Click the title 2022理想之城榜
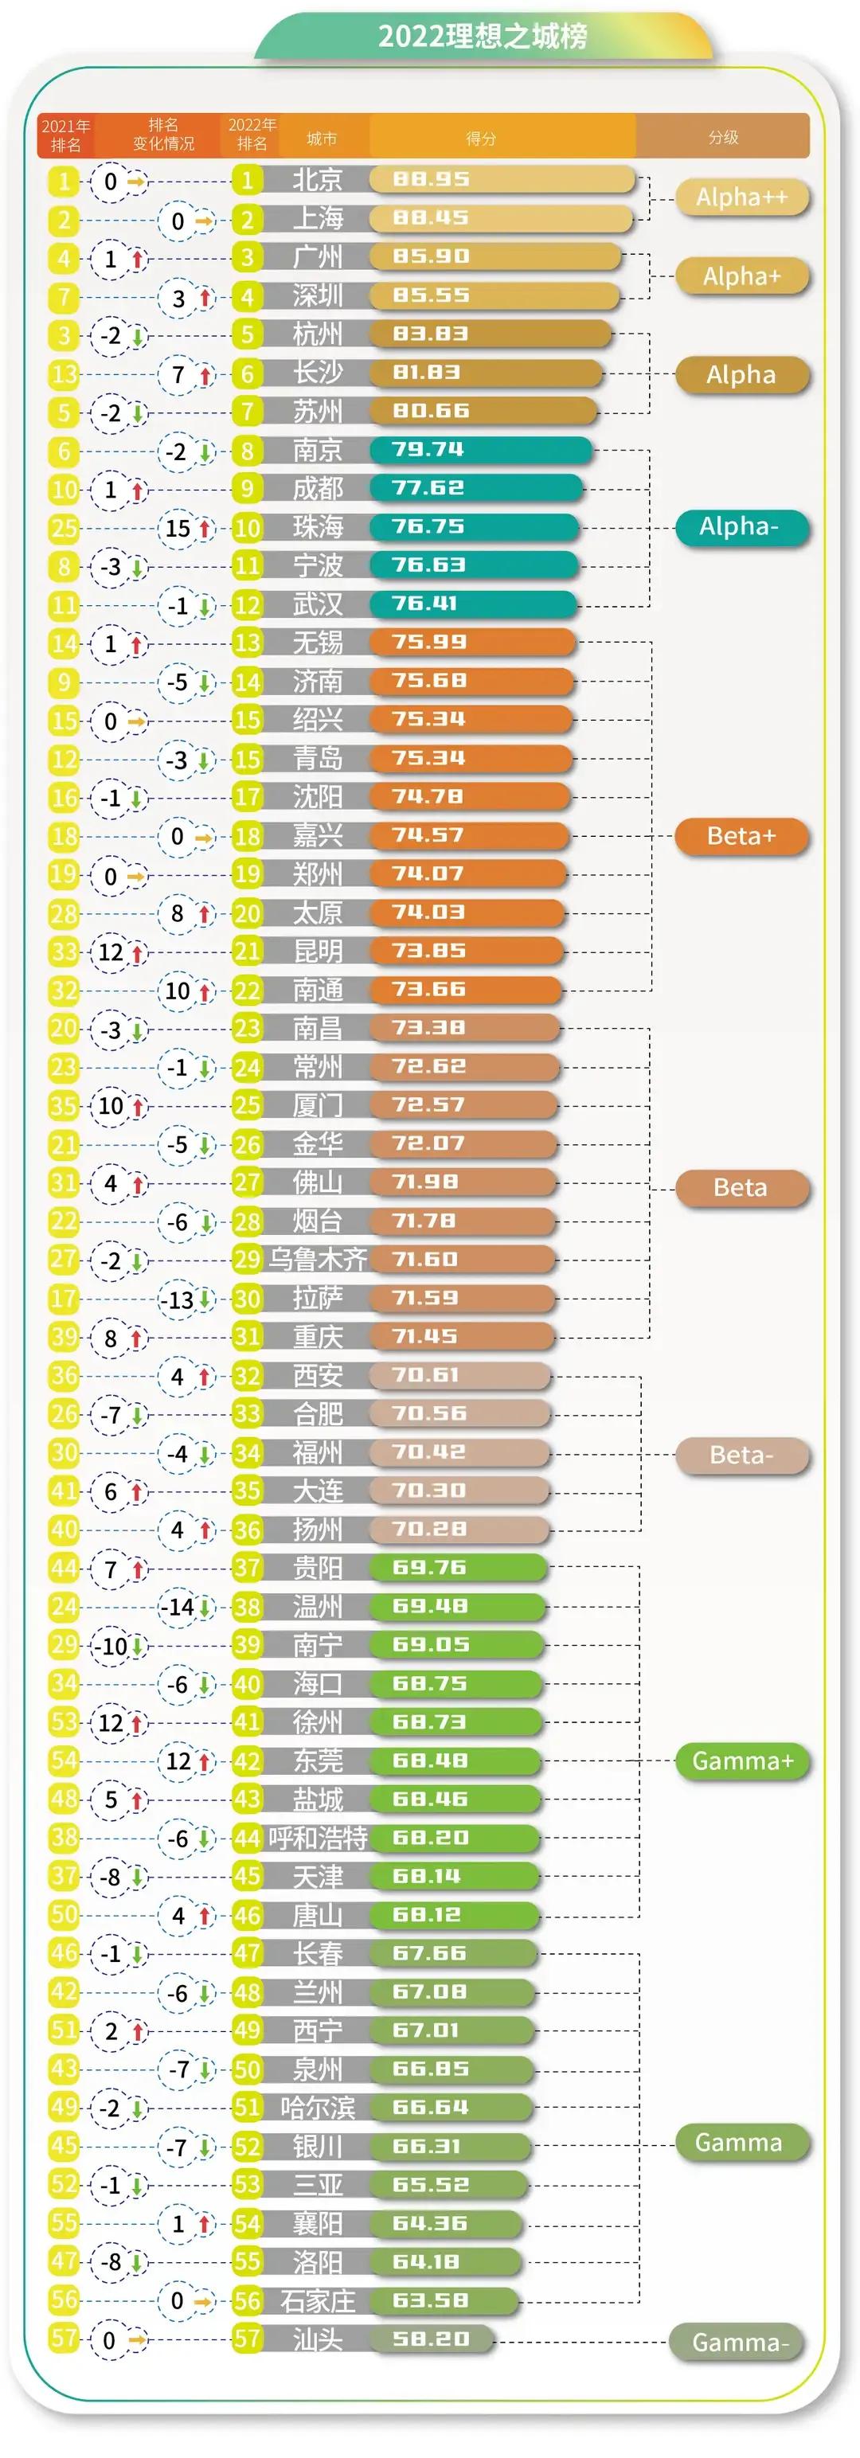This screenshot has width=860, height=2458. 482,37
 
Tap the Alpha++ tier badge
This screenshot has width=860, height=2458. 741,197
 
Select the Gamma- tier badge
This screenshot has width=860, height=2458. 740,2342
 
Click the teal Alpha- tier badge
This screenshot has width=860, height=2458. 740,527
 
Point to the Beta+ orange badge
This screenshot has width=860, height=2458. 741,836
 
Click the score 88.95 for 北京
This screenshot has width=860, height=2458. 431,179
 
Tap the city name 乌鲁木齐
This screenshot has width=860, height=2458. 317,1259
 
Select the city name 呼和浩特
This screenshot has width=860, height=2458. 317,1837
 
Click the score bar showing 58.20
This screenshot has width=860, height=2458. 431,2338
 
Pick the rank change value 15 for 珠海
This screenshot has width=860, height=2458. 178,529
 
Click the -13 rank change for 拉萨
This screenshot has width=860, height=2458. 177,1299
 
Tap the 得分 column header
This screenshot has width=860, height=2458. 480,139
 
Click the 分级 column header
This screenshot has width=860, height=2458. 722,138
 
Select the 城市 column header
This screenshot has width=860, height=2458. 321,139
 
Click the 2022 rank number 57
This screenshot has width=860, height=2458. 247,2338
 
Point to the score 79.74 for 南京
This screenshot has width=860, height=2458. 428,449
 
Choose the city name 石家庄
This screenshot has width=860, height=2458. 317,2300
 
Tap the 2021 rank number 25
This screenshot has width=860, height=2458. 64,528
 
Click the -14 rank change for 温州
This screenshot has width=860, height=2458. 177,1608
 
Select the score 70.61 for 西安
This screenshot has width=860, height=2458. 426,1374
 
